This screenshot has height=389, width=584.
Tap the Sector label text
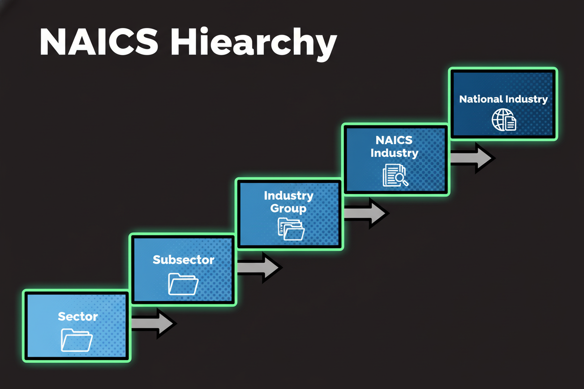click(x=78, y=317)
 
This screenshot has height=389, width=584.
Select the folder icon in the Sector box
click(x=77, y=340)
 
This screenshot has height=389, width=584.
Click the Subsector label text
click(x=183, y=259)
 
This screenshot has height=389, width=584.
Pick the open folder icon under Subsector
click(x=183, y=284)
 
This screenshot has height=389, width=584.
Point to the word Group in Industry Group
click(x=288, y=209)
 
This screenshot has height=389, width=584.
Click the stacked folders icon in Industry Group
click(x=291, y=229)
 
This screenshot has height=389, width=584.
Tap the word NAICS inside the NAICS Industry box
click(x=394, y=140)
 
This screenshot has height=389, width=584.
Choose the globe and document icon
click(x=504, y=120)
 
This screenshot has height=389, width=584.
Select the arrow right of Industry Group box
click(x=365, y=213)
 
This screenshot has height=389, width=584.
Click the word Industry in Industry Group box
click(x=288, y=195)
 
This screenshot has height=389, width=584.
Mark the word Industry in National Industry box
click(x=526, y=99)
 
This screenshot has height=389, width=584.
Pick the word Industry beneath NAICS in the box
click(x=394, y=153)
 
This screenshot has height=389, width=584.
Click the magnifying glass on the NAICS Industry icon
click(x=401, y=179)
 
